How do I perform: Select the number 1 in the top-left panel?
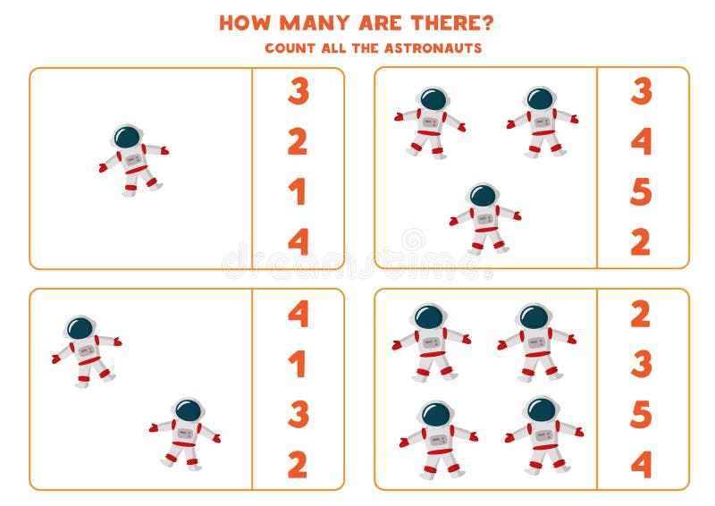298,191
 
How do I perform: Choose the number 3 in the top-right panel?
642,91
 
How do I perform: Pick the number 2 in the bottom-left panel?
298,464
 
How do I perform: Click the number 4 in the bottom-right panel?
642,464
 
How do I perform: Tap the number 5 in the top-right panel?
642,191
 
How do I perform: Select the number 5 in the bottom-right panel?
642,414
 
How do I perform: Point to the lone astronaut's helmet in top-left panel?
127,137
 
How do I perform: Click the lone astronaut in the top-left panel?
133,158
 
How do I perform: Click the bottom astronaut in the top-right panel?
484,218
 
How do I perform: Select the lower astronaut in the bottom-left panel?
185,433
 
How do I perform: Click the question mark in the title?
486,22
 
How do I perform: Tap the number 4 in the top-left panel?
298,241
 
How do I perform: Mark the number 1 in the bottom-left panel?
298,364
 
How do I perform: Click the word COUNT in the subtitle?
288,48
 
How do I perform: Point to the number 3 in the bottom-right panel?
642,364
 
